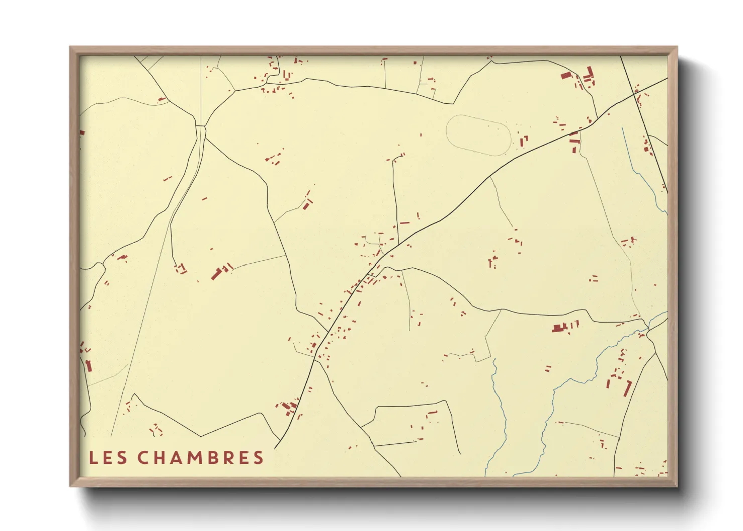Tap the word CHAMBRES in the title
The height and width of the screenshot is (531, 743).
200,458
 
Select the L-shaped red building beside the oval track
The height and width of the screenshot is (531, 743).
523,141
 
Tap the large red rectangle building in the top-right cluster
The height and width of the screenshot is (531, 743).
566,75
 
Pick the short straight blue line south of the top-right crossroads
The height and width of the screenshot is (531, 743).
625,143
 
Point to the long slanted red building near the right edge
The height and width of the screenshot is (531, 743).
627,388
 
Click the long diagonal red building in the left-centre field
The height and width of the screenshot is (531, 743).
217,274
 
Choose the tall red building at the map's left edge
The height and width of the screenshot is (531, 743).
89,366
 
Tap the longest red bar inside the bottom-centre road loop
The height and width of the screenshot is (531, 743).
432,413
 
